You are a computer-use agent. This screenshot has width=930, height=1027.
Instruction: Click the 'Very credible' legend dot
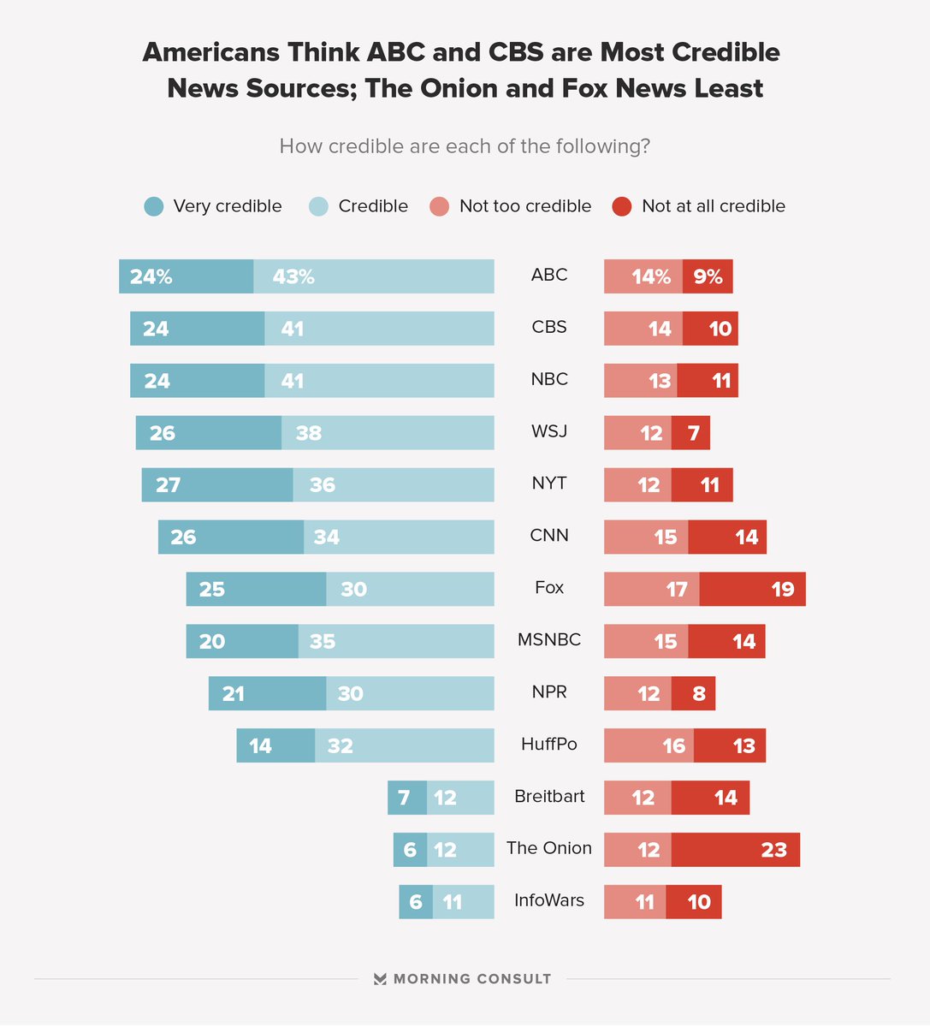154,206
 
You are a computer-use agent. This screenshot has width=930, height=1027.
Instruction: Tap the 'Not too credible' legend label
524,206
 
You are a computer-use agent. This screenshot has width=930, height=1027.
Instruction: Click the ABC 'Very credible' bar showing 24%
187,276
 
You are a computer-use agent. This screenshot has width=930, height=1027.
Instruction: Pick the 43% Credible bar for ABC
374,276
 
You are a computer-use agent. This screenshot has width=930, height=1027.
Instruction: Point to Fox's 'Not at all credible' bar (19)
752,589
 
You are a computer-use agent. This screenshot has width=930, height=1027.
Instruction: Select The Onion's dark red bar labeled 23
735,850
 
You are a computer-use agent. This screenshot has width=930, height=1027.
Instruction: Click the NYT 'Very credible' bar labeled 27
217,485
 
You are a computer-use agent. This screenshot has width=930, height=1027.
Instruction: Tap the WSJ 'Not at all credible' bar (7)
690,433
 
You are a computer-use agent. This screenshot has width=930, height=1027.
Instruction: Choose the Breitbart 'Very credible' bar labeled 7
407,798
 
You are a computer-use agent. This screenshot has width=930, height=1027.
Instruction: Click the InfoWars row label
549,900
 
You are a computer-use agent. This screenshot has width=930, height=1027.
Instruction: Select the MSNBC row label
549,639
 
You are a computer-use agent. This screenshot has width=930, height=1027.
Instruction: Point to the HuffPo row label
549,744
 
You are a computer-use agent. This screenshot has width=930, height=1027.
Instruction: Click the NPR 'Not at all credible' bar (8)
693,693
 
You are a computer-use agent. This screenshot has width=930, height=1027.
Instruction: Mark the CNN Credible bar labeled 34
399,537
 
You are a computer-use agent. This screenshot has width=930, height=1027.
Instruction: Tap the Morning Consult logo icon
380,979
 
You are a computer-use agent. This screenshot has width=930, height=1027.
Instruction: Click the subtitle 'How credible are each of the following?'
465,146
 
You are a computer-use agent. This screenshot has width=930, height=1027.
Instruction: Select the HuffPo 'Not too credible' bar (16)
649,745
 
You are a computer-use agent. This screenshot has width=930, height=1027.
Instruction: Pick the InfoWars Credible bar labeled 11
463,902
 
